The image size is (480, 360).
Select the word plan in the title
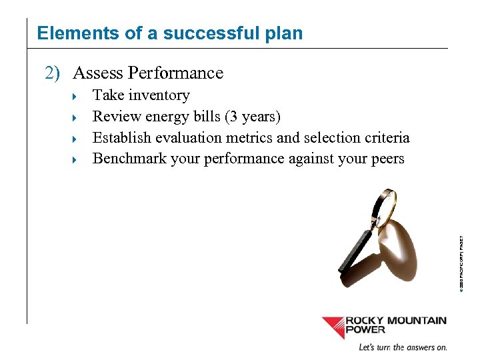283,34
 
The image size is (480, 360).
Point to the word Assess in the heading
97,73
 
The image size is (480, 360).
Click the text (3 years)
253,117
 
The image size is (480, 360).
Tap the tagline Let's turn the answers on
403,347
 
